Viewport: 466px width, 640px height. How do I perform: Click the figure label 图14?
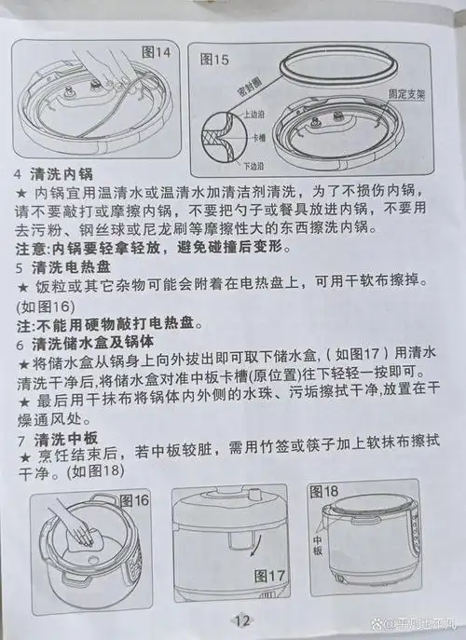click(x=156, y=52)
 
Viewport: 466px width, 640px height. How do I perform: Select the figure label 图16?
click(x=135, y=500)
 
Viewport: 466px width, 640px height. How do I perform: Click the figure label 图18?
click(x=323, y=491)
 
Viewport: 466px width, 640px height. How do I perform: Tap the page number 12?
click(x=242, y=621)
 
